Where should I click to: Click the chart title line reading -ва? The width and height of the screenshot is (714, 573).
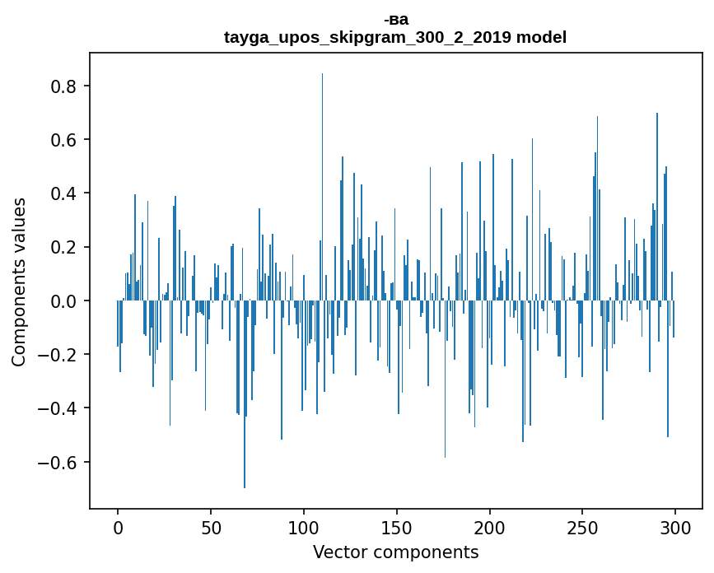395,20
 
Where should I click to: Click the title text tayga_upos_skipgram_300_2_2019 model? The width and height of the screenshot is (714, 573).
395,38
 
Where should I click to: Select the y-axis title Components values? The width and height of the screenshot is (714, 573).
19,282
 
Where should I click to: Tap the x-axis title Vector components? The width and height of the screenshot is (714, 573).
395,552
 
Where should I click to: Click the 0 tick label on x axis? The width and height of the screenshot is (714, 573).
118,527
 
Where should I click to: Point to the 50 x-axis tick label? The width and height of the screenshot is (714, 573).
211,527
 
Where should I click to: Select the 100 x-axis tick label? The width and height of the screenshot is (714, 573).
304,527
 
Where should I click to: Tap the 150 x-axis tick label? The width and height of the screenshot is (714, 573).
396,527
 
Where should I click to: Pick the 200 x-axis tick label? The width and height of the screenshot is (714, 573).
489,527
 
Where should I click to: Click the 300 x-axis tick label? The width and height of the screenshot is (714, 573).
675,527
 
